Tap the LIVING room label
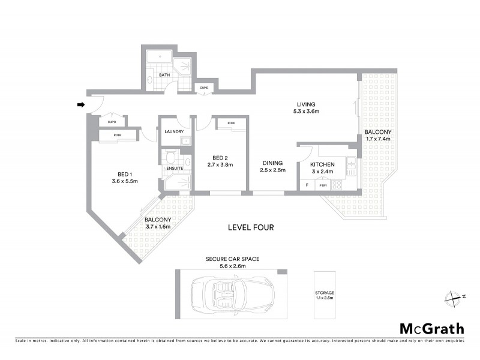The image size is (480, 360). tap(305, 104)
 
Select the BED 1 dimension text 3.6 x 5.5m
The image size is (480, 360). tap(125, 181)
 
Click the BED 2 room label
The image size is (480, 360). tap(219, 157)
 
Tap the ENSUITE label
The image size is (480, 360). tap(175, 168)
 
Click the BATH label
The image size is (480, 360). tap(164, 75)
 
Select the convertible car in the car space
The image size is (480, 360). tap(230, 295)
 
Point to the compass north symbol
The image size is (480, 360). tap(454, 296)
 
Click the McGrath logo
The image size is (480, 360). tap(431, 328)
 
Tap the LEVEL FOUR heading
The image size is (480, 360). tap(251, 227)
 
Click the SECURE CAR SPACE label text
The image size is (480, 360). tap(232, 259)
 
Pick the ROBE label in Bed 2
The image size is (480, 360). tap(231, 123)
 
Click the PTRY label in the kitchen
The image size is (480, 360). tap(322, 185)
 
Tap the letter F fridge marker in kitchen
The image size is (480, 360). tap(307, 185)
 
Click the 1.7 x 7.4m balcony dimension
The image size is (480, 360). tap(378, 139)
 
